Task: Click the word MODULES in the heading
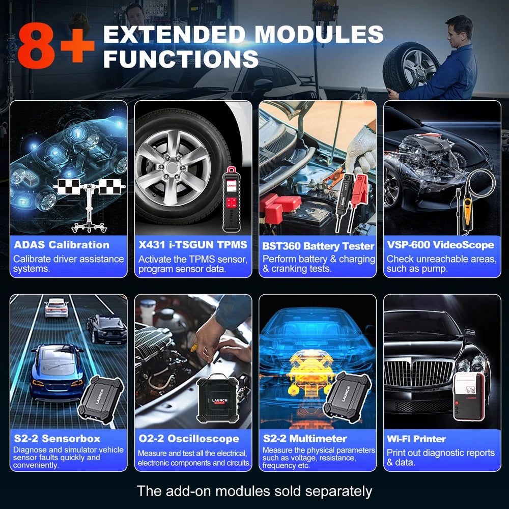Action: (x=319, y=35)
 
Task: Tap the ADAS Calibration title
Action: (x=62, y=245)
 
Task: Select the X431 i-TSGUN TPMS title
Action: (x=193, y=245)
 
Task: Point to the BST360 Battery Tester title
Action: (x=318, y=246)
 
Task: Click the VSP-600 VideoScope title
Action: (x=440, y=245)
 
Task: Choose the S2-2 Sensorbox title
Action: (x=57, y=438)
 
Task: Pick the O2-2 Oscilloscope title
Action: (x=189, y=438)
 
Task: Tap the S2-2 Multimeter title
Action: (x=305, y=438)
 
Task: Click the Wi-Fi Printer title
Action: (x=416, y=438)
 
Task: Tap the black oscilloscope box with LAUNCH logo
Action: (x=219, y=400)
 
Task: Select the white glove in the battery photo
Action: (x=362, y=148)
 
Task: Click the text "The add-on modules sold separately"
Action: (x=254, y=491)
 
